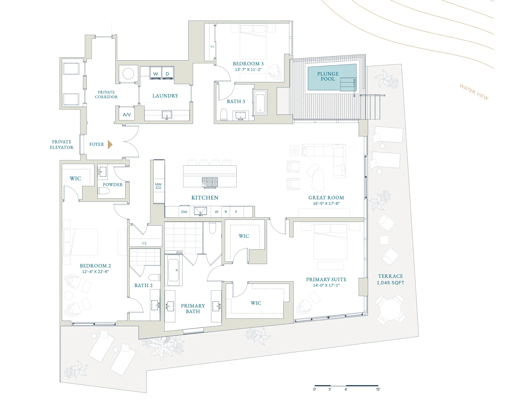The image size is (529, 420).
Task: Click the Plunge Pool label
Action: click(x=328, y=76)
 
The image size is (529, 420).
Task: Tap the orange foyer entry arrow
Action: click(x=110, y=144)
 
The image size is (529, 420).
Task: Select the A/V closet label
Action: click(x=127, y=115)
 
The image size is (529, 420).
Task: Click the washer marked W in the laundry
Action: click(x=156, y=73)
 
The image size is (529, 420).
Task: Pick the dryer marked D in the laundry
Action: click(x=167, y=73)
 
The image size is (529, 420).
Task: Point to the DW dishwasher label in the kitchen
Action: click(x=184, y=212)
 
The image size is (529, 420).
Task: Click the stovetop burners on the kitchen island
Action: click(x=210, y=182)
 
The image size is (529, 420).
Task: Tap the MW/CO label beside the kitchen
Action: click(x=158, y=186)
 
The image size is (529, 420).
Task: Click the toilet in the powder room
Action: click(x=104, y=191)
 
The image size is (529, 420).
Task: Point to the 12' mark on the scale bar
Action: click(x=378, y=389)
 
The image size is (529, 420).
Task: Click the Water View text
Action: click(x=474, y=92)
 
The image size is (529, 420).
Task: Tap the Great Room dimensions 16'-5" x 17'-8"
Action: click(x=326, y=203)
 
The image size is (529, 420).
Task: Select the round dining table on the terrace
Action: click(x=390, y=309)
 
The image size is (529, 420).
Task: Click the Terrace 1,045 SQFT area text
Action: click(x=390, y=279)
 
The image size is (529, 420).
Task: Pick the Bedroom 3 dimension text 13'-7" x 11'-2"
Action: click(x=248, y=69)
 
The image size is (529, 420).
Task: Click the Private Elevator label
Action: click(x=62, y=145)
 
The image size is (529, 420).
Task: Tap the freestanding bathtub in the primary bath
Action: click(x=173, y=270)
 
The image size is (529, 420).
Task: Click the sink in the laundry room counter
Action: click(x=167, y=115)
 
